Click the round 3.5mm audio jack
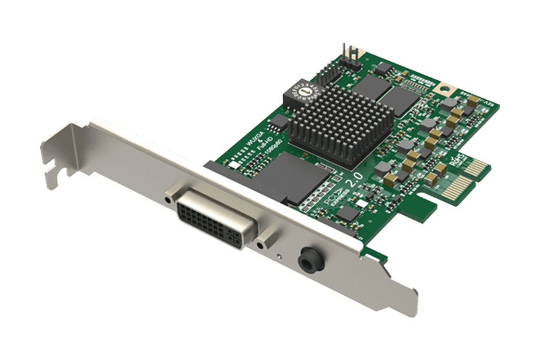312,259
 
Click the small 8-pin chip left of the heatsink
278,124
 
